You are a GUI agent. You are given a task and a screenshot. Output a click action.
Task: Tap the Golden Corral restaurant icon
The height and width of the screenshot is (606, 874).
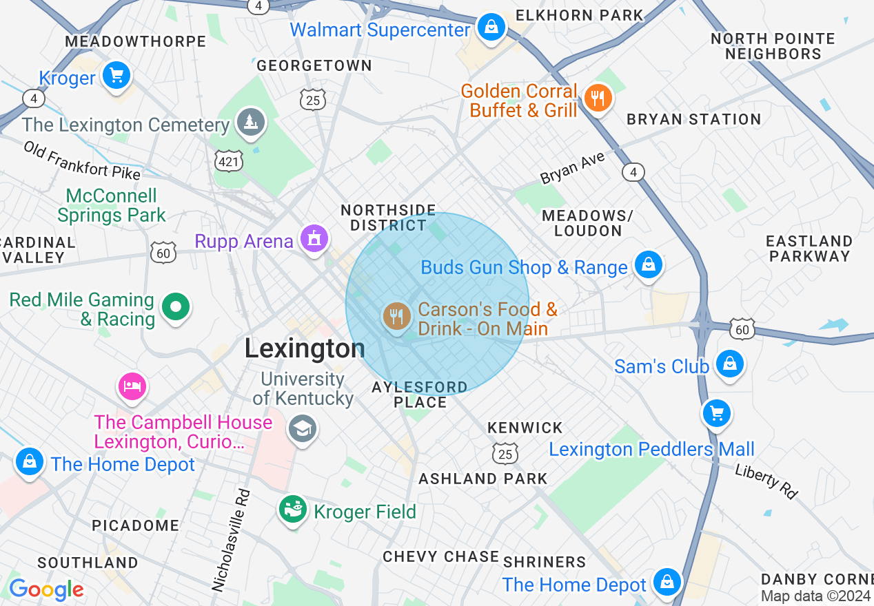(x=598, y=98)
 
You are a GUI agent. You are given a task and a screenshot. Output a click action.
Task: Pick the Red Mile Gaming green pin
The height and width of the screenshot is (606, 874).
(x=176, y=308)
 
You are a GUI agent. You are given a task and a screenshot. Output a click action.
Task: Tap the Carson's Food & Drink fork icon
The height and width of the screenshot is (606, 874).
(x=396, y=317)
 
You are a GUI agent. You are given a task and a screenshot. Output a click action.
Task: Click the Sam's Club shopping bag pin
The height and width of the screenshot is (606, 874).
(x=729, y=363)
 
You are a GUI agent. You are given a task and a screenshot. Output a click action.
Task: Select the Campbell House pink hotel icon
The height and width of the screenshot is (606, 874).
(x=132, y=386)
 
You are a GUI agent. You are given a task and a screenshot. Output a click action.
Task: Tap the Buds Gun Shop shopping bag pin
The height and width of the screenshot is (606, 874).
(x=648, y=264)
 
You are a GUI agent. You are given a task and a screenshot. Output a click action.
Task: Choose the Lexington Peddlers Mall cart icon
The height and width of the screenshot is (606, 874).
(x=717, y=414)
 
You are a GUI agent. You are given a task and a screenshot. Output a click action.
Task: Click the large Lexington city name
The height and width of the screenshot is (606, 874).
(x=305, y=349)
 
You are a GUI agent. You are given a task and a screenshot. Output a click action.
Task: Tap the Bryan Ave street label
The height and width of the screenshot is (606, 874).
(x=572, y=168)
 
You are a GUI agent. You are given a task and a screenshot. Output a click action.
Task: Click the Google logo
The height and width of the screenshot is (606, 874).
(x=46, y=589)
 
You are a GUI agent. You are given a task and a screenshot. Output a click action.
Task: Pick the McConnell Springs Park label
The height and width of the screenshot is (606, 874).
(x=112, y=205)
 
